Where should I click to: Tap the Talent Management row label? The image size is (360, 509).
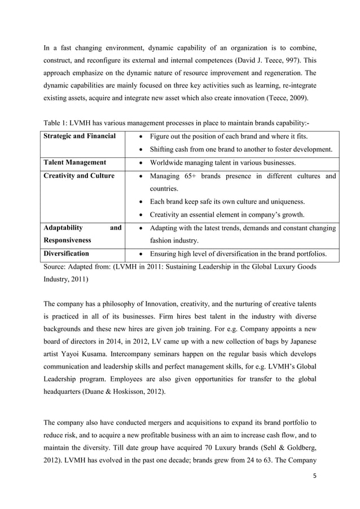pos(76,163)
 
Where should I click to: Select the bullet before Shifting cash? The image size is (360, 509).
pos(142,150)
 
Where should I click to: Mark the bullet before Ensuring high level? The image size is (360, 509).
pos(142,254)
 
